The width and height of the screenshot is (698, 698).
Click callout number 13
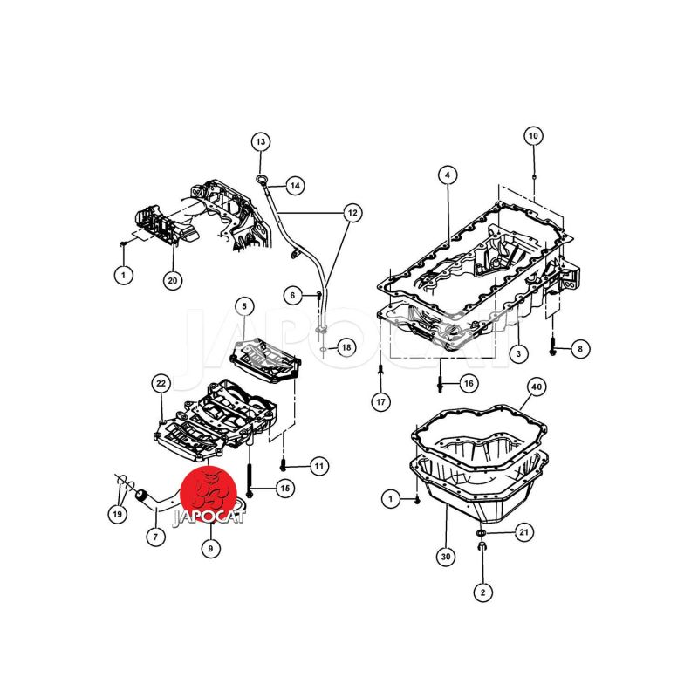261,141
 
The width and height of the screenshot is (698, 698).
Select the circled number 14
295,185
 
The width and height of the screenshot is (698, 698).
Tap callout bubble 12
352,212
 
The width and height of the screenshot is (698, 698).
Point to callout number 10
533,136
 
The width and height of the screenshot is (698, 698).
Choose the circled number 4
446,175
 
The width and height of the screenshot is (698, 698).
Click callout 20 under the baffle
172,279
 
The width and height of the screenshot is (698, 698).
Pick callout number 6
295,296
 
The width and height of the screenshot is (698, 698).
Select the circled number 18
346,347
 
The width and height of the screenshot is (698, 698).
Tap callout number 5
245,306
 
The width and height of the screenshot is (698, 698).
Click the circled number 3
518,353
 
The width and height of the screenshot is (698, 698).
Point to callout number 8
581,349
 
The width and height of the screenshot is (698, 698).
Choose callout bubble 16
469,384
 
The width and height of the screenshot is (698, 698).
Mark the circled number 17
380,402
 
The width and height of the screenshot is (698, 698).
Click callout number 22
161,383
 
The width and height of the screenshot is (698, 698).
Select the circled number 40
537,386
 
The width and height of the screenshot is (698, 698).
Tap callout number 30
446,557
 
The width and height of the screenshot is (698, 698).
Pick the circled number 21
523,531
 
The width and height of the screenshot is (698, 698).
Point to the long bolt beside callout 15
250,476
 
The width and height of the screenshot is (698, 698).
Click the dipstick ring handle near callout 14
261,181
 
